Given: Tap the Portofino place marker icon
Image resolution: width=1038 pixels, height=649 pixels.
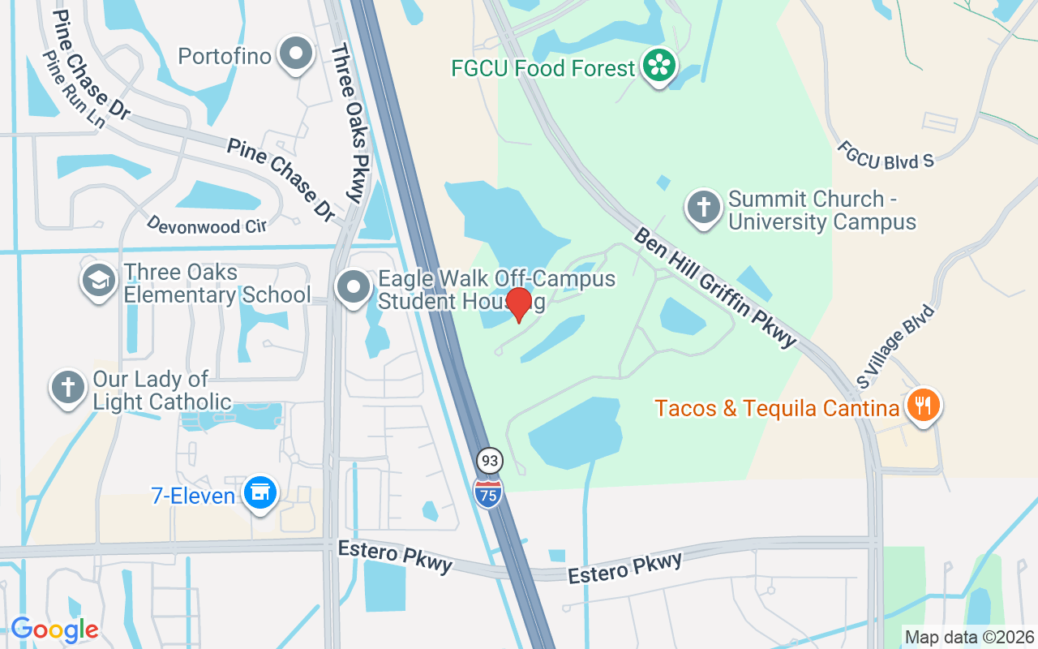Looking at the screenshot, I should click(296, 54).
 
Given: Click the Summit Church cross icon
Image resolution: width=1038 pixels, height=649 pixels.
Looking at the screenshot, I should click(704, 208).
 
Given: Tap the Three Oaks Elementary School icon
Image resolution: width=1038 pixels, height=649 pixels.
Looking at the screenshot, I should click(99, 281).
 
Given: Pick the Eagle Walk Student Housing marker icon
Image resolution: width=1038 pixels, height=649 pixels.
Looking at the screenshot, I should click(354, 288).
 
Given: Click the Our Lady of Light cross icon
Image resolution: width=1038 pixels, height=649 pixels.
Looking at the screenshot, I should click(68, 388).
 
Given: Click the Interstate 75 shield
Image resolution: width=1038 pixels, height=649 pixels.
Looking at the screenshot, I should click(488, 492).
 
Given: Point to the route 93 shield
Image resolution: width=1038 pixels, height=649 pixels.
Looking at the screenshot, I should click(489, 461).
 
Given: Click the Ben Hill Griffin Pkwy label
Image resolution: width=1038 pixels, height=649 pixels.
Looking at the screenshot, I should click(716, 286).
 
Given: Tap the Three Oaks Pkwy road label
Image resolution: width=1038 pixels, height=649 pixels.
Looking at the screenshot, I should click(350, 122).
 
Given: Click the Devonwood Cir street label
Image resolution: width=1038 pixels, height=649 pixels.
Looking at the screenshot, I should click(207, 224).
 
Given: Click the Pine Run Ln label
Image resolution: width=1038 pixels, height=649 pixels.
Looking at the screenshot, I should click(74, 89).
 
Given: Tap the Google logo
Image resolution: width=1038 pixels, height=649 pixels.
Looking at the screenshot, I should click(54, 629).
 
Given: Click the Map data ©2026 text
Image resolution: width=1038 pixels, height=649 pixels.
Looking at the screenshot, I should click(969, 637).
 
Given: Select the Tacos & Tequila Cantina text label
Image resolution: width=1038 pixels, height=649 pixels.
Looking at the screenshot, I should click(778, 407).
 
